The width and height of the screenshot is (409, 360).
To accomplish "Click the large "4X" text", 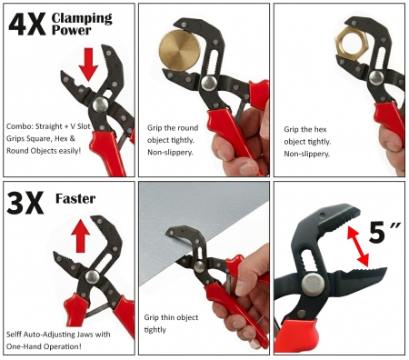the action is tap(27, 25).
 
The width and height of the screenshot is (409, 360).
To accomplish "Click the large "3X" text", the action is tap(25, 203).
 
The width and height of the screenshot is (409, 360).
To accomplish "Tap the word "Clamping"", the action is tap(82, 19).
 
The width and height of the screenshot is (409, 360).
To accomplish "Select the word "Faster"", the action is tap(75, 199).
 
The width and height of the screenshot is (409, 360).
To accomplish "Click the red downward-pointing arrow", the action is tap(88, 64).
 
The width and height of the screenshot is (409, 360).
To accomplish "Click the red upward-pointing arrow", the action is tap(80, 236).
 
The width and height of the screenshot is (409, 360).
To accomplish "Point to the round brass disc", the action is tap(177, 51).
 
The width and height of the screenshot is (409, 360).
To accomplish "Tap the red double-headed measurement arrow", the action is tap(358, 246).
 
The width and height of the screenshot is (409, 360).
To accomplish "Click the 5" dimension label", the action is tap(384, 233).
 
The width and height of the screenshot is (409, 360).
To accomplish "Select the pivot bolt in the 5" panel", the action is tap(313, 285).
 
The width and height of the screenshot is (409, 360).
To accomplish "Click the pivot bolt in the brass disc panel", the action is tap(209, 83).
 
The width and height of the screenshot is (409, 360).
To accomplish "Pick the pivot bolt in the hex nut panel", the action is tap(376, 77).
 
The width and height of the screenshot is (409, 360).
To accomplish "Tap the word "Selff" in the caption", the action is tap(14, 335).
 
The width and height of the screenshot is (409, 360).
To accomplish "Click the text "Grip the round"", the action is tap(173, 128).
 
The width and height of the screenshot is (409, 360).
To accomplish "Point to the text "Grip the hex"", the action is tap(305, 129).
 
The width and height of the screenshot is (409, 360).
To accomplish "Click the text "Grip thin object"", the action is tap(171, 317).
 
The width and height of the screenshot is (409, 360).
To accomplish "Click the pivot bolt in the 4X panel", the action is tap(100, 105).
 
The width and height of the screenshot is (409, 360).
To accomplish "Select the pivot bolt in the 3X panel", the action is tap(92, 276).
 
